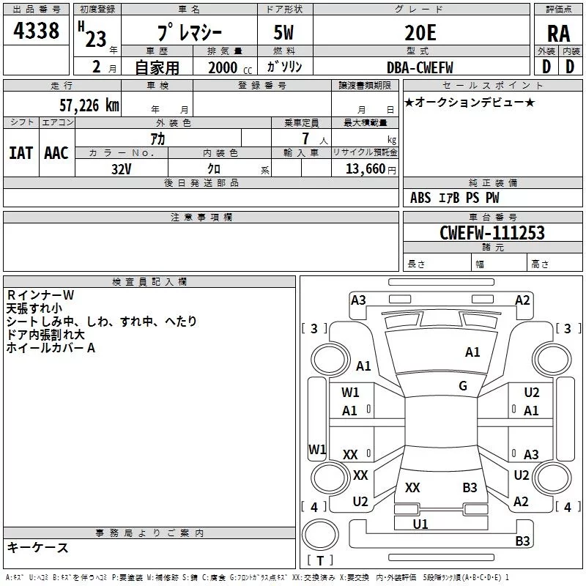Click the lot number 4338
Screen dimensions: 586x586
[37, 31]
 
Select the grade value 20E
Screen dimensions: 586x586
[420, 32]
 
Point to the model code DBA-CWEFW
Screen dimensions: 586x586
[420, 67]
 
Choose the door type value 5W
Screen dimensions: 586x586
[285, 32]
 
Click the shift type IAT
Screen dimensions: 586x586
[21, 153]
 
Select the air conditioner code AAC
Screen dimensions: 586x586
[56, 153]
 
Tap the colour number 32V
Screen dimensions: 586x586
[122, 168]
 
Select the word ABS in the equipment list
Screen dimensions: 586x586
[420, 198]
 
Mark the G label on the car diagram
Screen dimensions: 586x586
[463, 386]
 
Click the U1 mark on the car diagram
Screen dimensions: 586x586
[420, 524]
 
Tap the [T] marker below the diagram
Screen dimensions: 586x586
[319, 561]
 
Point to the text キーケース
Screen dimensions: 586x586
[38, 548]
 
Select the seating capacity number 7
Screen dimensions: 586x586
[304, 139]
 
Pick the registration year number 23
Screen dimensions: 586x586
[95, 39]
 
